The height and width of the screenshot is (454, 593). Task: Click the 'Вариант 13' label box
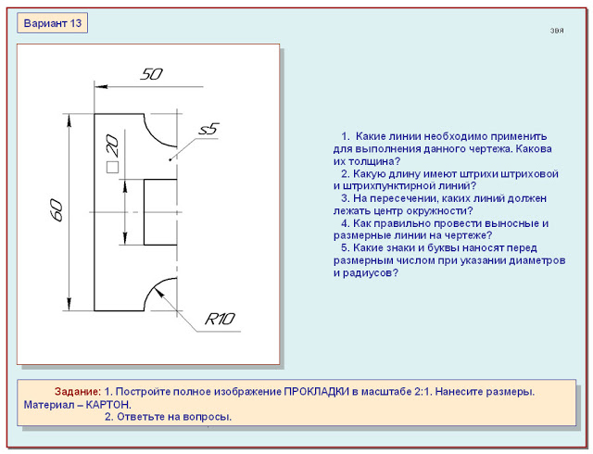point(52,23)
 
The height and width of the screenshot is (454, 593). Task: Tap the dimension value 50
point(151,74)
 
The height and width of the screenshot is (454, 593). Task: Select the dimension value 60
point(57,210)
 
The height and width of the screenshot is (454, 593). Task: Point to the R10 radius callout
point(220,319)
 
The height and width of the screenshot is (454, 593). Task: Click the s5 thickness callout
point(209,129)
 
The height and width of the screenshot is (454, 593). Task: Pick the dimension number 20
point(112,145)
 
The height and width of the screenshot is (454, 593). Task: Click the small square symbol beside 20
point(112,167)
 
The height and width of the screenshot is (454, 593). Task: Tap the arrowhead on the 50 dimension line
point(101,87)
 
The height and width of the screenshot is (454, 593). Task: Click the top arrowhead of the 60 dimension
point(69,120)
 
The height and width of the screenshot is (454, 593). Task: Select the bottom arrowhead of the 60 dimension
point(69,304)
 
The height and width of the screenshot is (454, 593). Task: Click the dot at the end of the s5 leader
point(170,160)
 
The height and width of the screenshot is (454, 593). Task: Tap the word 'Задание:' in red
point(78,392)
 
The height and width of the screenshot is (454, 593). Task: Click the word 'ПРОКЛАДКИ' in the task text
point(317,392)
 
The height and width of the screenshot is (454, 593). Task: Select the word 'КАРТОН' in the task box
point(107,405)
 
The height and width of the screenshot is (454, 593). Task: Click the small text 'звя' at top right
point(557,31)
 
